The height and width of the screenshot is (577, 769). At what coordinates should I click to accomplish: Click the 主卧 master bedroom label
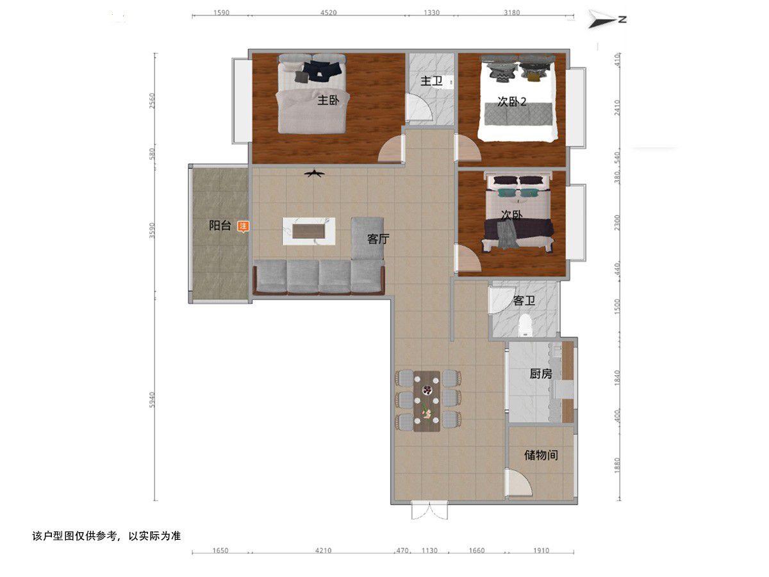pos(328,100)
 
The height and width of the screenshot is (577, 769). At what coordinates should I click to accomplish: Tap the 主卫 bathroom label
pos(431,81)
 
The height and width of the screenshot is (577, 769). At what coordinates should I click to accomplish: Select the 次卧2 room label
pos(511,101)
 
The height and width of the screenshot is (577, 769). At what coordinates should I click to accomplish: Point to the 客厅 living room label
pos(378,239)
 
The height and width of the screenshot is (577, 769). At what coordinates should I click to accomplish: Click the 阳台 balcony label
pos(220,225)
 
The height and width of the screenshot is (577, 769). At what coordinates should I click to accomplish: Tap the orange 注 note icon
pos(243,227)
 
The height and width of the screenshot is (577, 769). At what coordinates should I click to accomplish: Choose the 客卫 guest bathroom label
pos(524,300)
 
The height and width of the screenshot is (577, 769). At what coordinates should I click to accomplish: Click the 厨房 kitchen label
pos(541,374)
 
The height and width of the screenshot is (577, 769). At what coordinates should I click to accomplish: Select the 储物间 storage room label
pos(541,455)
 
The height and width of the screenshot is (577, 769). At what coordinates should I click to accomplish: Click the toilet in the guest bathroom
pos(525,325)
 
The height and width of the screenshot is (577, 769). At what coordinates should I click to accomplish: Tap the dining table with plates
pos(426,401)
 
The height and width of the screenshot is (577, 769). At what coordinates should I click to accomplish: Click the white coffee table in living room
pos(309,231)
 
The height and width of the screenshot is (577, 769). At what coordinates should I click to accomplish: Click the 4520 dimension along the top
pos(328,13)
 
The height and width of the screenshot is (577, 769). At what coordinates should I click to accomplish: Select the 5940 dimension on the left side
pos(152,399)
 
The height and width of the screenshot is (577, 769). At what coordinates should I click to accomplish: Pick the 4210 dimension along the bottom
pos(323,550)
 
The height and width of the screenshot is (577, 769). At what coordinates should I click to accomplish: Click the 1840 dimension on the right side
pos(617,378)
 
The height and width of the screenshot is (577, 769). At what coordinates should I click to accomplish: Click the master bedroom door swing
pos(392,149)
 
